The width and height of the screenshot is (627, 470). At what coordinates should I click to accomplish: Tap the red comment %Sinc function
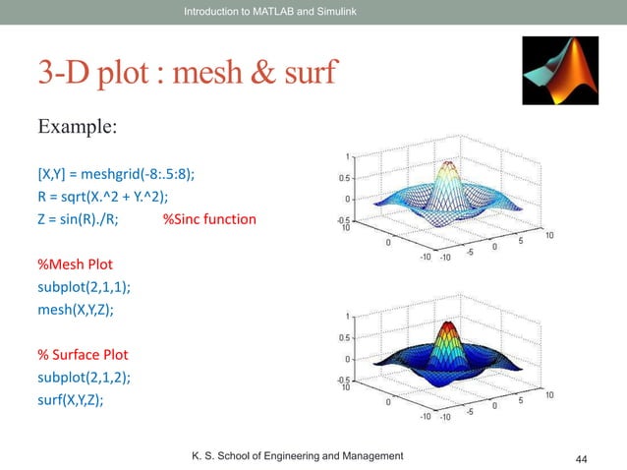(208, 218)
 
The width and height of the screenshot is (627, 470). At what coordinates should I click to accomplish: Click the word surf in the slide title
(304, 73)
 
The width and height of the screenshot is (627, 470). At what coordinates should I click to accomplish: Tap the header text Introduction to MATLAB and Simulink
(267, 11)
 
